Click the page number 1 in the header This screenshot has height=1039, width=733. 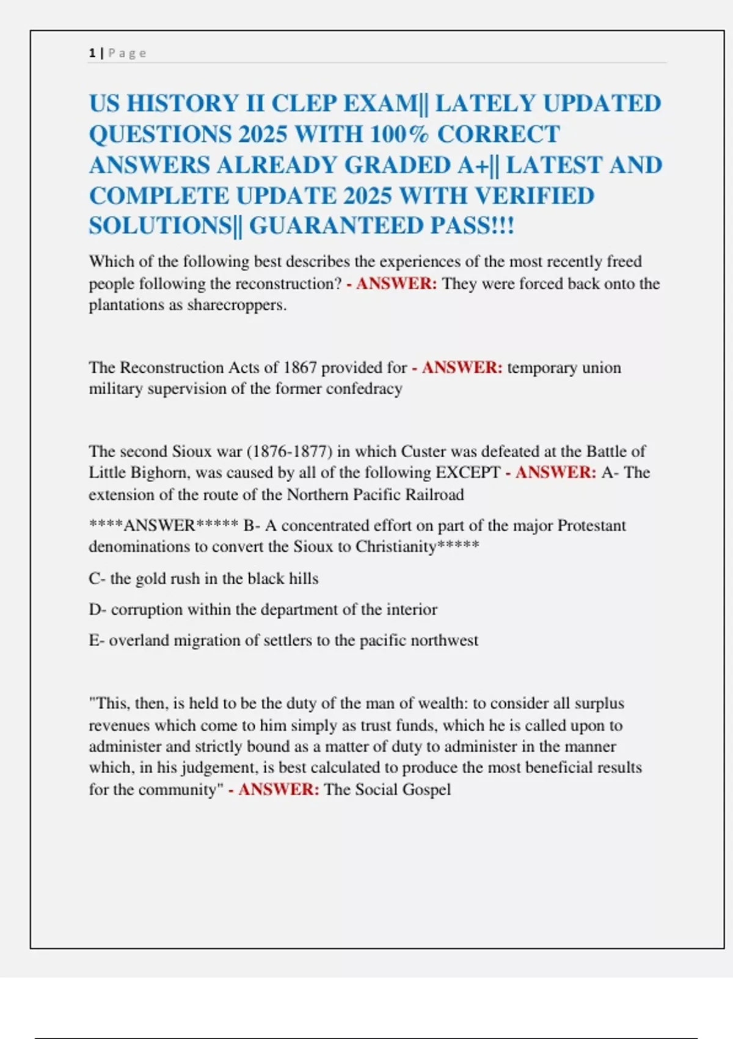92,53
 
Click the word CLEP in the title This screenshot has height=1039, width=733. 303,103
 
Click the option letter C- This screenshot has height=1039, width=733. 97,578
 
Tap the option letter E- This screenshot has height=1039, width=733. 97,641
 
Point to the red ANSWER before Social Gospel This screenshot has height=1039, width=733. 279,789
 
